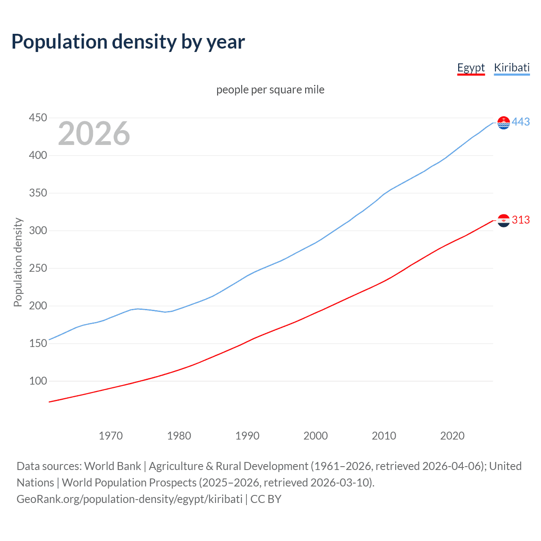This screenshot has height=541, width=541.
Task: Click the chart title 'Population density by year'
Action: pyautogui.click(x=128, y=42)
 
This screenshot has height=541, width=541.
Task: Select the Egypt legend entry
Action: pyautogui.click(x=471, y=68)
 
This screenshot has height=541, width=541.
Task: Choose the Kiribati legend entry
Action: pyautogui.click(x=511, y=68)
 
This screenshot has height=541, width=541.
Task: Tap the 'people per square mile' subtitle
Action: pyautogui.click(x=270, y=90)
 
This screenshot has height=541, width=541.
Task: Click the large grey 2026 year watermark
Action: pyautogui.click(x=94, y=134)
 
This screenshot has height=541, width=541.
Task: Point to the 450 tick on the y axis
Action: pyautogui.click(x=38, y=117)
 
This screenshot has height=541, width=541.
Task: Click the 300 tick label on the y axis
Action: pyautogui.click(x=38, y=230)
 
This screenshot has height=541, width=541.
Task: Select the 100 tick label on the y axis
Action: pyautogui.click(x=38, y=381)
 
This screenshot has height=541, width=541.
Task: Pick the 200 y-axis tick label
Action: pyautogui.click(x=38, y=306)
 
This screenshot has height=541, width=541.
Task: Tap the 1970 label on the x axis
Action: pyautogui.click(x=110, y=435)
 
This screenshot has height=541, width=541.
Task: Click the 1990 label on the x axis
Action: pyautogui.click(x=247, y=435)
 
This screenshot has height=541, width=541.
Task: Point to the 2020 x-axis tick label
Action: pyautogui.click(x=452, y=435)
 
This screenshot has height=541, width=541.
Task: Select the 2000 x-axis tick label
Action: pyautogui.click(x=315, y=435)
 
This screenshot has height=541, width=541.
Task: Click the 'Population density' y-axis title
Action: pyautogui.click(x=18, y=262)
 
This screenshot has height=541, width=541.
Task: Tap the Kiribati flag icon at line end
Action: pyautogui.click(x=503, y=123)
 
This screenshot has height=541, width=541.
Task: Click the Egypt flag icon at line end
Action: pyautogui.click(x=503, y=220)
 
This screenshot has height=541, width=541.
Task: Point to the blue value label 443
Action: pyautogui.click(x=521, y=122)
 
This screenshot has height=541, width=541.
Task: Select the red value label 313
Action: pyautogui.click(x=521, y=220)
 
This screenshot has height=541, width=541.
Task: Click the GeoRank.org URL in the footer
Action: pyautogui.click(x=129, y=499)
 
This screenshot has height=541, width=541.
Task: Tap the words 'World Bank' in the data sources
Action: pyautogui.click(x=112, y=466)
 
